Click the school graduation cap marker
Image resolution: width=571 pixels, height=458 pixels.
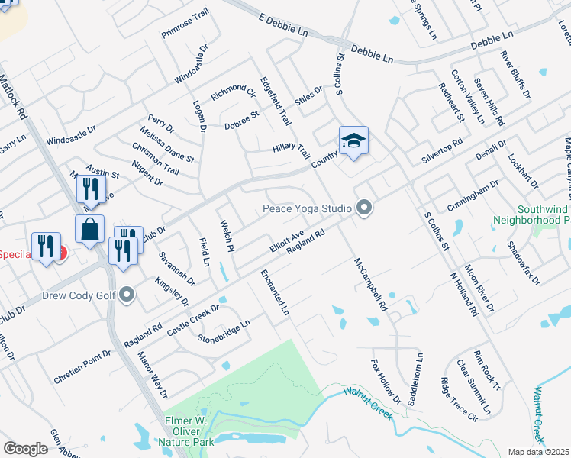tap(353, 141)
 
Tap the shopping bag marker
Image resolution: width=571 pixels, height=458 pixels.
tap(89, 229)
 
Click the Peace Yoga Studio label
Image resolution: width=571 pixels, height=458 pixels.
tap(306, 208)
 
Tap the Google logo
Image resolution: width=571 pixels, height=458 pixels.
tap(25, 448)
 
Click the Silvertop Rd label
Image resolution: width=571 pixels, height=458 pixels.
tap(442, 150)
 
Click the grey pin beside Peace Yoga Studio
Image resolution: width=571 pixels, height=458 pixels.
tap(364, 208)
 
